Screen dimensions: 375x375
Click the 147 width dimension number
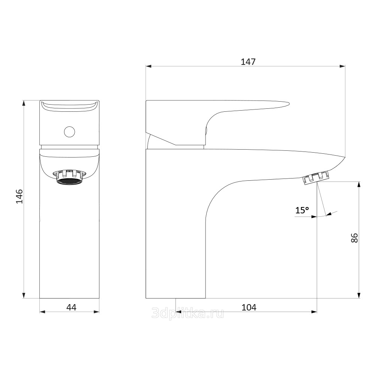pyautogui.click(x=248, y=62)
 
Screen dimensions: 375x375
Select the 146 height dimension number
pyautogui.click(x=19, y=196)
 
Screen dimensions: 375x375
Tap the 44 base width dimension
pyautogui.click(x=71, y=307)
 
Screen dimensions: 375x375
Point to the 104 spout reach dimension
pyautogui.click(x=249, y=307)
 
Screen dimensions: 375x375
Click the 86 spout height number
pyautogui.click(x=354, y=238)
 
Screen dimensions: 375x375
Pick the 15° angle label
pyautogui.click(x=302, y=210)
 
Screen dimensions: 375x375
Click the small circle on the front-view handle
pyautogui.click(x=69, y=132)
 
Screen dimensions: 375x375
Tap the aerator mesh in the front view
pyautogui.click(x=69, y=181)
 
